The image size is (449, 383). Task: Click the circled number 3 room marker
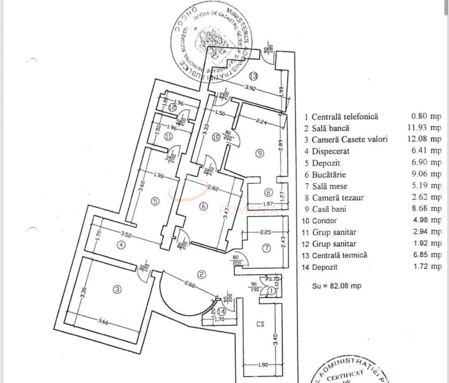coord(118,289)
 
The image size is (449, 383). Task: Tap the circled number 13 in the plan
coord(254,76)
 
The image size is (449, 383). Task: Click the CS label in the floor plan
coord(260,324)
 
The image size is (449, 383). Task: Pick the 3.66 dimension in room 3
coord(104,322)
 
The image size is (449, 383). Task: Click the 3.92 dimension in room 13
coord(251,88)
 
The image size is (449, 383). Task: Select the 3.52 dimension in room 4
coord(127,235)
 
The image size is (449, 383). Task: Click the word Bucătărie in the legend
coord(329,174)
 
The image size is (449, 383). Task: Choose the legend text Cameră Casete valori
coord(350,140)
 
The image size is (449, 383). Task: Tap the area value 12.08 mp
coord(424,139)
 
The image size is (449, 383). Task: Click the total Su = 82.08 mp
coord(337,286)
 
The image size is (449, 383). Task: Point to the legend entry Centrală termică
coord(339,255)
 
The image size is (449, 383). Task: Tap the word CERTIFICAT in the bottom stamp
coord(345,375)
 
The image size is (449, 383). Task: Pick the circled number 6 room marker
coord(203,206)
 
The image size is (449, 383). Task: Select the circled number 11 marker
coord(169,137)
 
